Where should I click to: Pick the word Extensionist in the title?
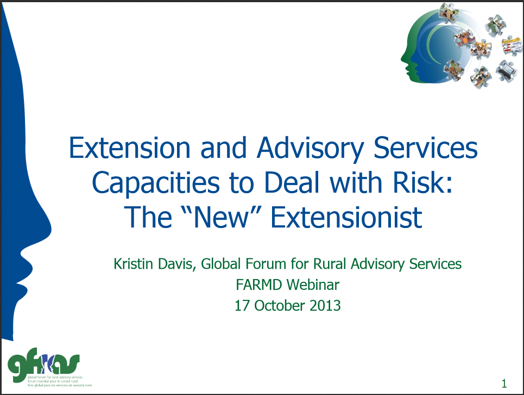346,218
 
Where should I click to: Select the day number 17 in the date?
241,305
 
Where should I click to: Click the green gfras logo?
43,363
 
